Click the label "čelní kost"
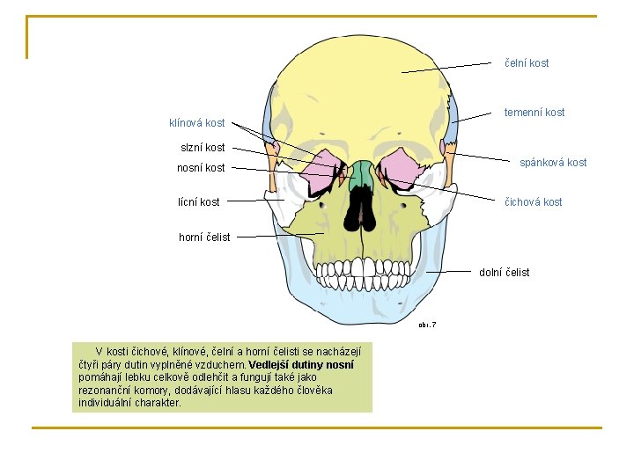(526, 63)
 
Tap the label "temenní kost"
(534, 113)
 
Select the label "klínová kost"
(196, 123)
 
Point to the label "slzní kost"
(202, 148)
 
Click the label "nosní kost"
(200, 168)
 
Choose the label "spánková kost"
(553, 163)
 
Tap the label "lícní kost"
(198, 202)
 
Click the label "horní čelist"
(204, 237)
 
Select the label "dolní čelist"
(504, 273)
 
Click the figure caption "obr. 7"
(427, 325)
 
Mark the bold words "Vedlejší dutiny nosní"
(302, 365)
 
